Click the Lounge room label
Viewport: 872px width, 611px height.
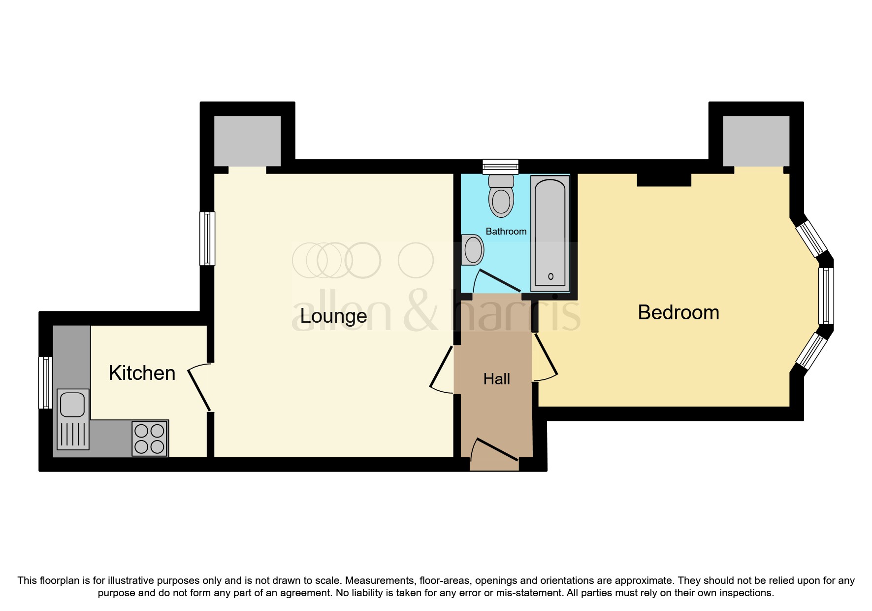tap(333, 316)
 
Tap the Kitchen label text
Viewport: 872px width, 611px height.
tap(142, 373)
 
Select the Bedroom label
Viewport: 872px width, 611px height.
tap(678, 313)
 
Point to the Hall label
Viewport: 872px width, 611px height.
tap(496, 379)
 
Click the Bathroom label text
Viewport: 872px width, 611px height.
tap(506, 232)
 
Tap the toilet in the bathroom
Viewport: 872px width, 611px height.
tap(501, 196)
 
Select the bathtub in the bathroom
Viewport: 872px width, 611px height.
tap(550, 234)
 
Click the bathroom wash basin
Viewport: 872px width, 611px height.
tap(472, 249)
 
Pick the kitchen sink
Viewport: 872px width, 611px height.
tap(73, 419)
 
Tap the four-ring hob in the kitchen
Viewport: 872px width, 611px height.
tap(150, 439)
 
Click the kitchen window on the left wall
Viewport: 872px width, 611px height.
tap(45, 383)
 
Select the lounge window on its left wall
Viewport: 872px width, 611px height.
tap(207, 238)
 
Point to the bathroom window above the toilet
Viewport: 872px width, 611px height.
tap(501, 167)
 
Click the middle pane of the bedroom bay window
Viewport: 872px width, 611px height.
tap(826, 296)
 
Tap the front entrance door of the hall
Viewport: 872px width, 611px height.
tap(494, 449)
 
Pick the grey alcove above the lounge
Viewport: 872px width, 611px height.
tap(247, 141)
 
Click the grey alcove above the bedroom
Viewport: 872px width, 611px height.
tap(756, 141)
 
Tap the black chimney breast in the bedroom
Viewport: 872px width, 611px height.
tap(664, 180)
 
